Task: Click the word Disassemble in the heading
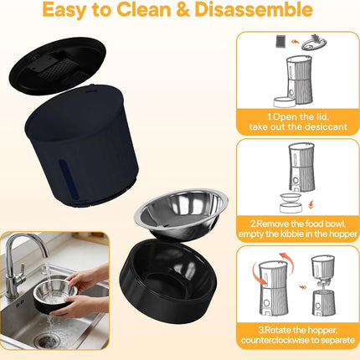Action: pos(254,10)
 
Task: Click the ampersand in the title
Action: pos(183,10)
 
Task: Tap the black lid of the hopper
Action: pos(58,64)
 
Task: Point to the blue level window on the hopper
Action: pos(68,179)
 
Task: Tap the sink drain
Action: pos(48,339)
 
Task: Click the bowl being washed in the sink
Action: pos(55,296)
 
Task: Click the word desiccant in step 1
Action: pos(326,126)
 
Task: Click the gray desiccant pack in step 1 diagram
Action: pos(280,42)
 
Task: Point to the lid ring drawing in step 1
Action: pos(314,44)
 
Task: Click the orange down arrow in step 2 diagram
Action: pos(311,205)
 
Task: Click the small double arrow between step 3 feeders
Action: pos(302,287)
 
